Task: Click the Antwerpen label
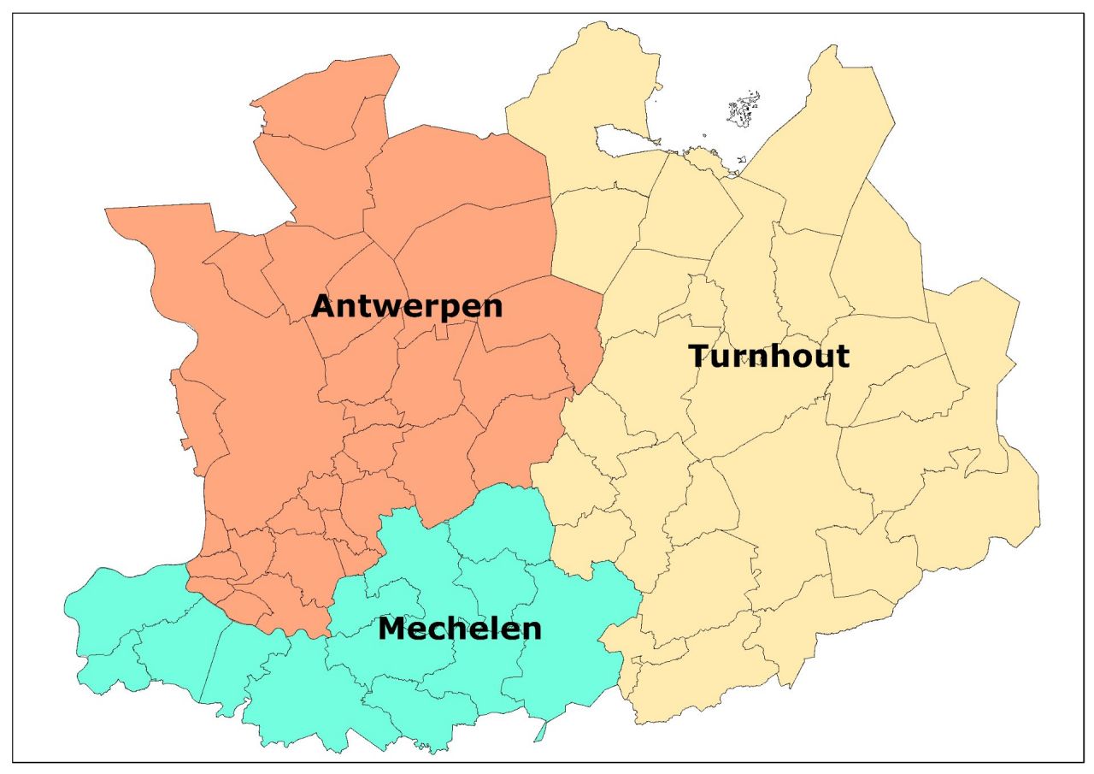point(407,306)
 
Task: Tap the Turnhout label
point(768,356)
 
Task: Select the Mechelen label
point(460,629)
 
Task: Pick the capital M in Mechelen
point(392,629)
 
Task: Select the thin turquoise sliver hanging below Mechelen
point(540,731)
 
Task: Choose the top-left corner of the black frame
point(13,13)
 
